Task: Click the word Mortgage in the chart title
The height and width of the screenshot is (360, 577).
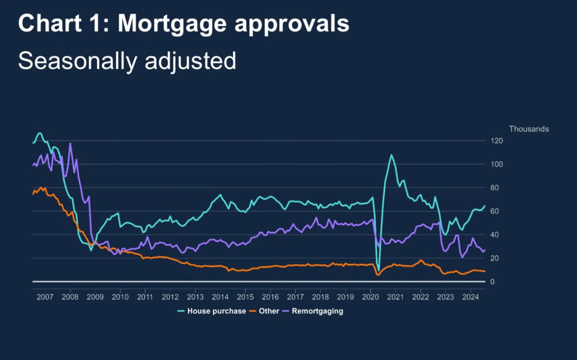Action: (x=172, y=24)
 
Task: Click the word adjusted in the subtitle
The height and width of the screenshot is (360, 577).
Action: (x=190, y=61)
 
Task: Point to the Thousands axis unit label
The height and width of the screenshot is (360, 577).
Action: (x=529, y=129)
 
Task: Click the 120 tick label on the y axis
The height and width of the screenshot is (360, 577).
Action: (x=496, y=141)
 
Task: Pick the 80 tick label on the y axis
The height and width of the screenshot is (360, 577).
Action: (x=494, y=188)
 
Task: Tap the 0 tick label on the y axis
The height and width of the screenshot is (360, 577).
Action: (x=492, y=282)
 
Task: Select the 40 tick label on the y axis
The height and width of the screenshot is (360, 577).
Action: (x=494, y=235)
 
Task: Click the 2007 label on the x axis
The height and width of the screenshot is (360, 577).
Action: (x=45, y=297)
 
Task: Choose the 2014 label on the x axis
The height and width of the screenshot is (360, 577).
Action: (x=220, y=297)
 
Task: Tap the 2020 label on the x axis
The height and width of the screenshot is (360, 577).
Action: (x=370, y=297)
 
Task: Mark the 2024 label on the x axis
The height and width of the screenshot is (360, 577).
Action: (x=470, y=297)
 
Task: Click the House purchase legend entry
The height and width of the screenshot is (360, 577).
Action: (x=216, y=311)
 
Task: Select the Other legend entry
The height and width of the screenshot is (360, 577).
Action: (x=269, y=311)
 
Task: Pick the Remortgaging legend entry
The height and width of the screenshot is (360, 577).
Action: (x=317, y=311)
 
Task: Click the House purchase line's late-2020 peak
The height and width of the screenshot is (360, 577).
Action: (x=391, y=155)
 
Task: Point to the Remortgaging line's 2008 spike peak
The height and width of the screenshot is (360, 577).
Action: (x=70, y=144)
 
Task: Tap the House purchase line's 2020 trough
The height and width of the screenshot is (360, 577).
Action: (x=379, y=271)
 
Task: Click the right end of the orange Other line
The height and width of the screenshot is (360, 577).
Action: (x=484, y=271)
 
